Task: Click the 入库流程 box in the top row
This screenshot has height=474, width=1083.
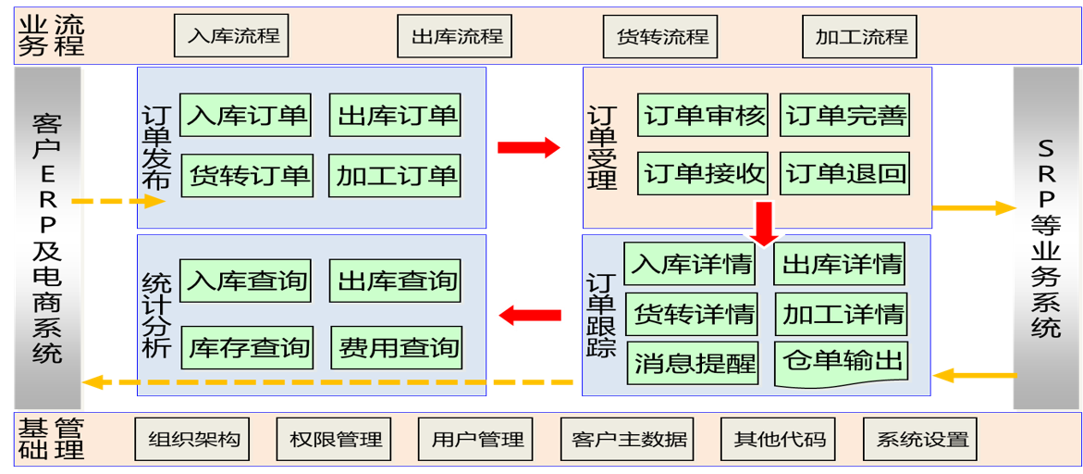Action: (232, 37)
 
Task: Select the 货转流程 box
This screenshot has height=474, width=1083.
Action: (661, 37)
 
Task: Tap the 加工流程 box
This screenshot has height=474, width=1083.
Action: (860, 37)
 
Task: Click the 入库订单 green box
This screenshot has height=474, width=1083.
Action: (245, 116)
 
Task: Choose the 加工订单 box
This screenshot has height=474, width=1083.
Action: (396, 174)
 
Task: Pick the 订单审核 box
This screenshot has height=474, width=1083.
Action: (705, 116)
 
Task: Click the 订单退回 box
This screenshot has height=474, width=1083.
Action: (846, 174)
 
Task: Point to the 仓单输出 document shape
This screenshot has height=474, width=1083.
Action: (842, 362)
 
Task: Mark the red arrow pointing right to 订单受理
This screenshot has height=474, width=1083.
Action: (529, 147)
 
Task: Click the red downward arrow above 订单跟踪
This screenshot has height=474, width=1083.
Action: (764, 223)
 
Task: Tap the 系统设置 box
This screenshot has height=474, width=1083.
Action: (921, 439)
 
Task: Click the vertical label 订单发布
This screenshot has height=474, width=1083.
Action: (156, 147)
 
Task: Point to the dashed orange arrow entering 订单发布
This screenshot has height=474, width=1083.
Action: (117, 201)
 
